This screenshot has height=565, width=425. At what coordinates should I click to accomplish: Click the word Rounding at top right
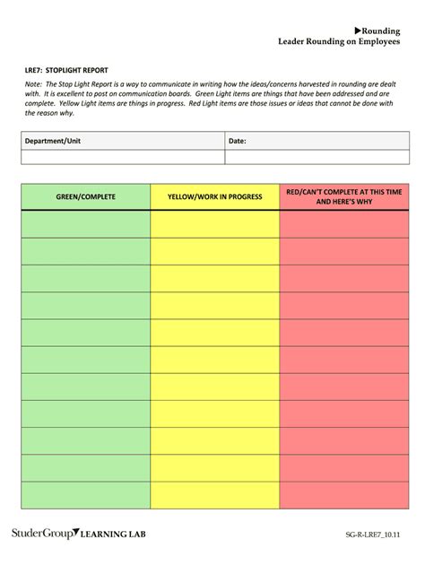click(381, 30)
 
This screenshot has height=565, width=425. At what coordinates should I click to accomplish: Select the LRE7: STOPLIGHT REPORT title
click(63, 68)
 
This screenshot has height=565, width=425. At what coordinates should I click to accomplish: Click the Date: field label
click(238, 141)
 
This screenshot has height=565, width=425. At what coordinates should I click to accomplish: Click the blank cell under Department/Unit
click(122, 157)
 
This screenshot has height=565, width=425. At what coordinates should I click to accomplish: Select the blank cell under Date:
click(317, 157)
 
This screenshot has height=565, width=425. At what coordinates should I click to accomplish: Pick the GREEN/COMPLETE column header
click(86, 196)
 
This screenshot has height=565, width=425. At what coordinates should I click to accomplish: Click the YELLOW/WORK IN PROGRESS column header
click(214, 196)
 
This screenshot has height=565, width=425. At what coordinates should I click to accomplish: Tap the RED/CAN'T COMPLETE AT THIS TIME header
click(344, 196)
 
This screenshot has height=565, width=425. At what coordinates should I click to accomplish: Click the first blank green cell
click(86, 223)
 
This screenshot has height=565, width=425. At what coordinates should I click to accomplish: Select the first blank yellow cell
click(214, 223)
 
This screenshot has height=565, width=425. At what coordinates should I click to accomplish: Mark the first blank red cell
click(344, 223)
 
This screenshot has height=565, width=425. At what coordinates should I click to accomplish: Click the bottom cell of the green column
click(86, 494)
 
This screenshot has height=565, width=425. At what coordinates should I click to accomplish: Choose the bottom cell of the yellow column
click(214, 494)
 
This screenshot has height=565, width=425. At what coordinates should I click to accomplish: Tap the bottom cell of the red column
click(344, 494)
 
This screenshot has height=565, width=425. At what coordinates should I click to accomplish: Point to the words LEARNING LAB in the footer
click(114, 535)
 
